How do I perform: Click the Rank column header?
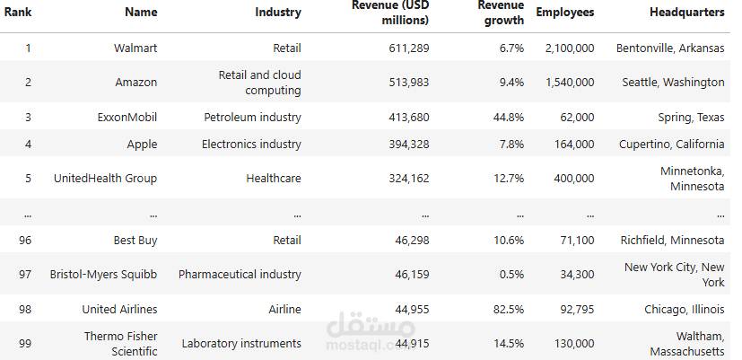coord(18,12)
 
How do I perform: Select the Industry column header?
coord(278,12)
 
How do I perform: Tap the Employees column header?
coord(565,13)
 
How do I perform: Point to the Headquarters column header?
coord(687,13)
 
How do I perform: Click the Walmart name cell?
coord(135,48)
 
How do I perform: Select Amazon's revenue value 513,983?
coord(409,83)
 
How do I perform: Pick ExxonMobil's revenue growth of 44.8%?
coord(509,117)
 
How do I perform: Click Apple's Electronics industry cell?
coord(252,144)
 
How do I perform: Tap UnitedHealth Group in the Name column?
coord(106,178)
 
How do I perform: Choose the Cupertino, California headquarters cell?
coord(672,144)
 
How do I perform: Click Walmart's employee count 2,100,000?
coord(570,48)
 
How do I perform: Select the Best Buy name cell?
coord(135,241)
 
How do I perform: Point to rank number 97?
coord(25,274)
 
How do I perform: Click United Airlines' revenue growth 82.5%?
coord(509,310)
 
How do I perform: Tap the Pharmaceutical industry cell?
coord(240,274)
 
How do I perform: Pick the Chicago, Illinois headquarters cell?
coord(685,310)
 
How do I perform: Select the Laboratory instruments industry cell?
coord(241,344)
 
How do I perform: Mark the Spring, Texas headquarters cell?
coord(692,117)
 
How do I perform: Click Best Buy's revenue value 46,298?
coord(412,241)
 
